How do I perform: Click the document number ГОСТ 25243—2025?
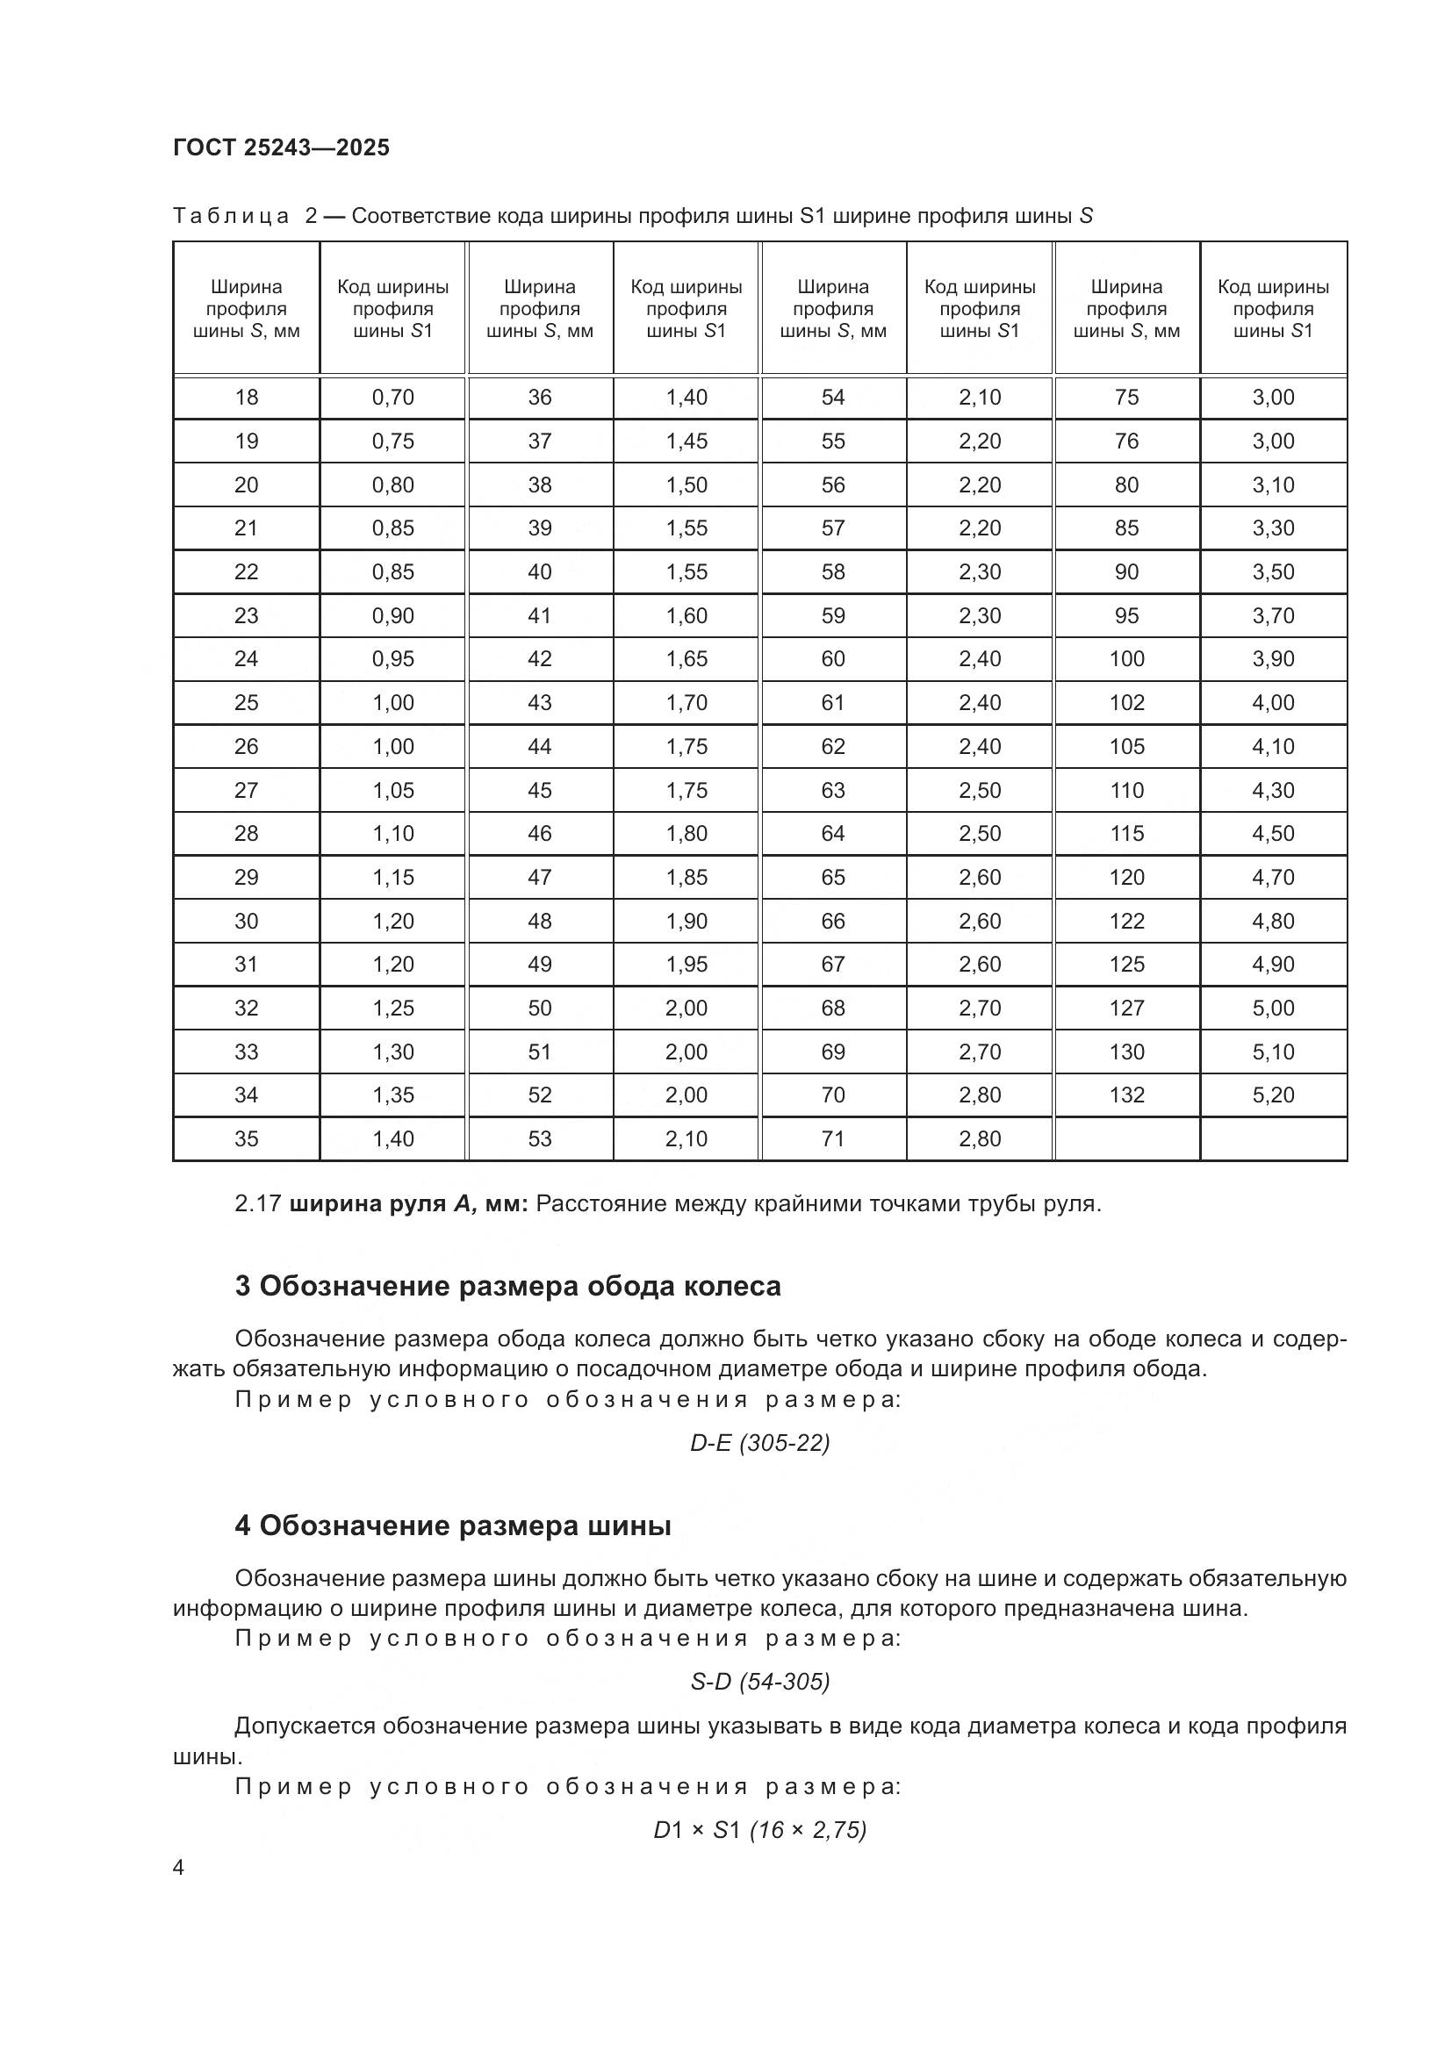[x=282, y=147]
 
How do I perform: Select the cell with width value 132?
[x=1126, y=1095]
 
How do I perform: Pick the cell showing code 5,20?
[x=1273, y=1095]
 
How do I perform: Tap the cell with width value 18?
[x=246, y=397]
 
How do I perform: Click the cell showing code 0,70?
[x=392, y=397]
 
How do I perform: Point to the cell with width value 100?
[x=1126, y=659]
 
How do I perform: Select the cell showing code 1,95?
[x=686, y=964]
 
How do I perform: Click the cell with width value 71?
[x=832, y=1138]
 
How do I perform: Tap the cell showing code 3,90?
[x=1273, y=659]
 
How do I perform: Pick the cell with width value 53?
[x=539, y=1138]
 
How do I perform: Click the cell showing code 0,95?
[x=392, y=659]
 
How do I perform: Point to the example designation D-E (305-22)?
[x=760, y=1442]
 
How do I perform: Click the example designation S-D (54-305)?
[x=760, y=1682]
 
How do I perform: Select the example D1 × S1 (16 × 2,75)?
[x=760, y=1830]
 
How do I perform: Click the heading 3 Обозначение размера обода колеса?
[x=507, y=1286]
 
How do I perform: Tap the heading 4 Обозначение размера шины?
[x=452, y=1525]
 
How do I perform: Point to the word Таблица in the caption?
[x=231, y=216]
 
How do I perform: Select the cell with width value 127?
[x=1126, y=1008]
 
